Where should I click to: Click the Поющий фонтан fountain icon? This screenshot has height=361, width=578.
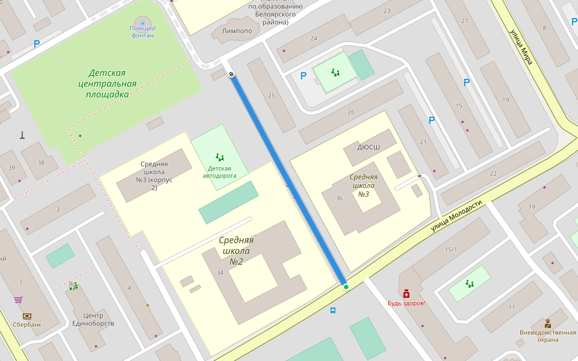pyautogui.click(x=143, y=22)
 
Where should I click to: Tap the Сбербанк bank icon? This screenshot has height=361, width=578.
pyautogui.click(x=27, y=316)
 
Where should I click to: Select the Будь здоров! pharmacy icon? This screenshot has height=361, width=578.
pyautogui.click(x=406, y=293)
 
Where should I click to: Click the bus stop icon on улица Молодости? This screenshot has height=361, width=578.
pyautogui.click(x=333, y=310)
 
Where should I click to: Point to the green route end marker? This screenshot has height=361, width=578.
pyautogui.click(x=346, y=287)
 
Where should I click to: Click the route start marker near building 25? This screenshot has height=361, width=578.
pyautogui.click(x=231, y=75)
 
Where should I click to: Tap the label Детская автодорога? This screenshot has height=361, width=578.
pyautogui.click(x=219, y=172)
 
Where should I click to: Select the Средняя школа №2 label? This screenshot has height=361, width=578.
pyautogui.click(x=236, y=251)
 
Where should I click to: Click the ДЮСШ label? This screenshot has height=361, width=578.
pyautogui.click(x=368, y=147)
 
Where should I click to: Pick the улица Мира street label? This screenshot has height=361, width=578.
pyautogui.click(x=521, y=47)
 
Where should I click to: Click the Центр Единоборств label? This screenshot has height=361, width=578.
pyautogui.click(x=93, y=319)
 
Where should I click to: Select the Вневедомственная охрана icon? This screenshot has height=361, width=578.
pyautogui.click(x=547, y=324)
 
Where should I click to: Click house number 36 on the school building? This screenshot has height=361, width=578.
pyautogui.click(x=339, y=198)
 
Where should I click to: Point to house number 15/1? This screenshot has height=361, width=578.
pyautogui.click(x=451, y=249)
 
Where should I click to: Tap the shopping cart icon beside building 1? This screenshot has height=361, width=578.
pyautogui.click(x=19, y=299)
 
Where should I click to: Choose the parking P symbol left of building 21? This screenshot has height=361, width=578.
pyautogui.click(x=432, y=120)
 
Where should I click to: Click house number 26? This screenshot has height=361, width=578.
pyautogui.click(x=351, y=112)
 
